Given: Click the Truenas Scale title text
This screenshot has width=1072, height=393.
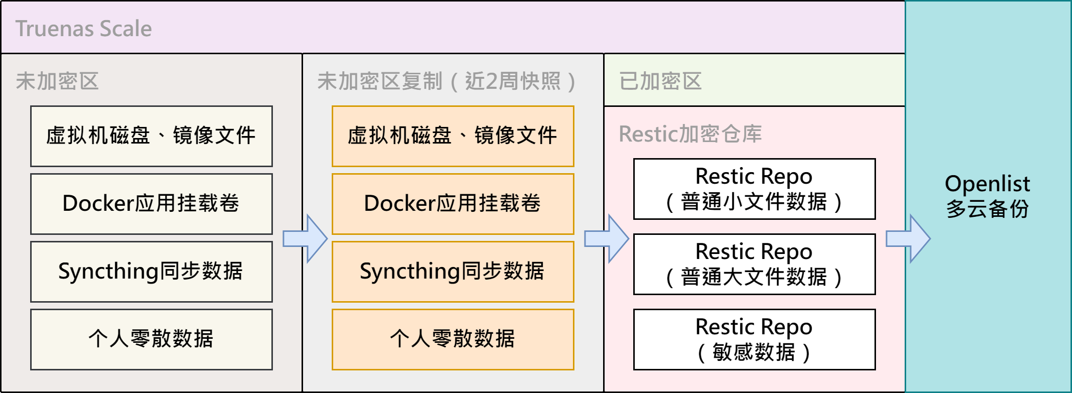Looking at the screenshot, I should (83, 29).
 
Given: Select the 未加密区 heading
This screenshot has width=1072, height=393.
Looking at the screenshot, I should (57, 81).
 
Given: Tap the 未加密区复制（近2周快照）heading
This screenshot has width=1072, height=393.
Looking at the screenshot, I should (446, 81).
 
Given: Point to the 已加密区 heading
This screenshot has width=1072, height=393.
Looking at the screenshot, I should (660, 81).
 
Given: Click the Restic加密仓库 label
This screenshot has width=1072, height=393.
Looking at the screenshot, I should (690, 134).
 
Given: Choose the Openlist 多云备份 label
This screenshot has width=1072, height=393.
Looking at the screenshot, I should (987, 196).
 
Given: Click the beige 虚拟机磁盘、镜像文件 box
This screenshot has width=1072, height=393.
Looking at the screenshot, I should (151, 136).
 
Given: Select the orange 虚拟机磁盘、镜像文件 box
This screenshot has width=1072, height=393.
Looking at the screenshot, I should (453, 136).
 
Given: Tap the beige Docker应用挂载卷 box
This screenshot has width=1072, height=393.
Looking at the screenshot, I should (151, 204).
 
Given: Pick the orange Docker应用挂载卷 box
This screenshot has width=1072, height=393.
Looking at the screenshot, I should (453, 204).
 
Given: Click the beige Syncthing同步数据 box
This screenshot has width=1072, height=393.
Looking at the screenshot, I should (151, 272).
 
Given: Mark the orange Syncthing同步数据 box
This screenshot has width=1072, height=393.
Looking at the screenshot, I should (453, 272).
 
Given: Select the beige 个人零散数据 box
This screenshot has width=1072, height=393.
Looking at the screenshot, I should (151, 339).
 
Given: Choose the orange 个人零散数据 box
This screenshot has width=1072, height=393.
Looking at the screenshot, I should (453, 339).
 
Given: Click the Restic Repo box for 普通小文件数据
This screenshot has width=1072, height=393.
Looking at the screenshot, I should (754, 189).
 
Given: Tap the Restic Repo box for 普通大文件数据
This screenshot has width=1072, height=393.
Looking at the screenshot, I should (754, 264).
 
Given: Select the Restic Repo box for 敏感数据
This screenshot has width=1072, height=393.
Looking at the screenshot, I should (754, 339).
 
